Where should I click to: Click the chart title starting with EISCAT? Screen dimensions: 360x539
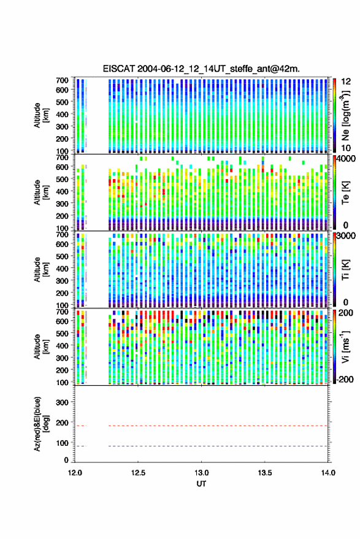201,69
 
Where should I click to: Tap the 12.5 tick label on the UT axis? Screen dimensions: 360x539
138,473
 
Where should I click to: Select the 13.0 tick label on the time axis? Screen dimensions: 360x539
202,473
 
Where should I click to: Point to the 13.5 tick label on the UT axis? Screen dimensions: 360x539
265,473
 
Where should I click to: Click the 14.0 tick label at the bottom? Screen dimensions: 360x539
328,473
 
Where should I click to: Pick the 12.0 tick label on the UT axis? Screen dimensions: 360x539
75,473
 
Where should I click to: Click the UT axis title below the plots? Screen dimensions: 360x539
201,484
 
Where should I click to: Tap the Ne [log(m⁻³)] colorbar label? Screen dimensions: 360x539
345,115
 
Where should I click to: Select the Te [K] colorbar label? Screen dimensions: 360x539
345,193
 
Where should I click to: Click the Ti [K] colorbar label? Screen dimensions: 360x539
345,270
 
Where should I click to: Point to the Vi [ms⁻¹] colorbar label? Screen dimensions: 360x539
345,346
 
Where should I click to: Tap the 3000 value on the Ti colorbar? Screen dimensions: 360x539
346,236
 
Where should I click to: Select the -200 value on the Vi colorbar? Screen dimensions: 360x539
344,379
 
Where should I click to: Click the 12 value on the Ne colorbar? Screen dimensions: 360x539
346,82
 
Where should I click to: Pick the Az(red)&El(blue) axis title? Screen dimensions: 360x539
41,424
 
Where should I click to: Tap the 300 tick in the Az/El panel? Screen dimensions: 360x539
62,402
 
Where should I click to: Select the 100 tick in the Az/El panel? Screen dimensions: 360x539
62,443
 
